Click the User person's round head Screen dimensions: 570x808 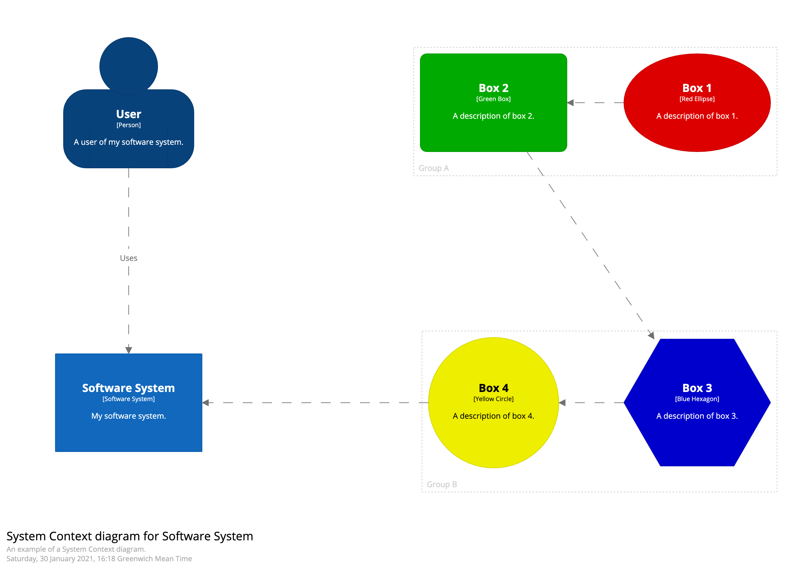tap(128, 66)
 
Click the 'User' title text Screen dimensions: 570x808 tap(128, 114)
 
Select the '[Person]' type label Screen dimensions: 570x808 tap(128, 125)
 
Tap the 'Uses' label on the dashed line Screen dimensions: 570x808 tap(128, 258)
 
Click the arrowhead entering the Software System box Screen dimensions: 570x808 tap(128, 350)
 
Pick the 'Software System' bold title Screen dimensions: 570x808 tap(128, 388)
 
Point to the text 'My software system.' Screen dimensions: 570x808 tap(128, 416)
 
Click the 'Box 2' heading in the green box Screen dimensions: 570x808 tap(493, 88)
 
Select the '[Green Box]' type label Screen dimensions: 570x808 tap(493, 99)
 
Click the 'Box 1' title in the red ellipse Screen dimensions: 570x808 tap(697, 88)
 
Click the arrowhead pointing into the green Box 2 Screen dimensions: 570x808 tap(571, 102)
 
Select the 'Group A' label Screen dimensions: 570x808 tap(434, 168)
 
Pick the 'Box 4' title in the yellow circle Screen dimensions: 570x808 tap(493, 388)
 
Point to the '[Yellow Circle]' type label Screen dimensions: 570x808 tap(493, 399)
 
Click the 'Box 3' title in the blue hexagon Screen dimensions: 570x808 tap(697, 388)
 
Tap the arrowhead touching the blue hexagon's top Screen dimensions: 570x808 tap(651, 335)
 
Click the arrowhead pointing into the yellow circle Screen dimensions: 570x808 tap(562, 403)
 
